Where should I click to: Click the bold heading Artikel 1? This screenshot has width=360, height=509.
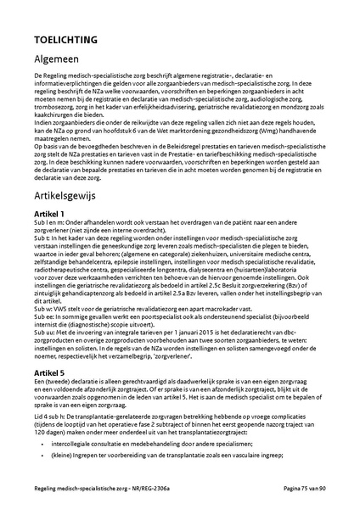tap(50, 213)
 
